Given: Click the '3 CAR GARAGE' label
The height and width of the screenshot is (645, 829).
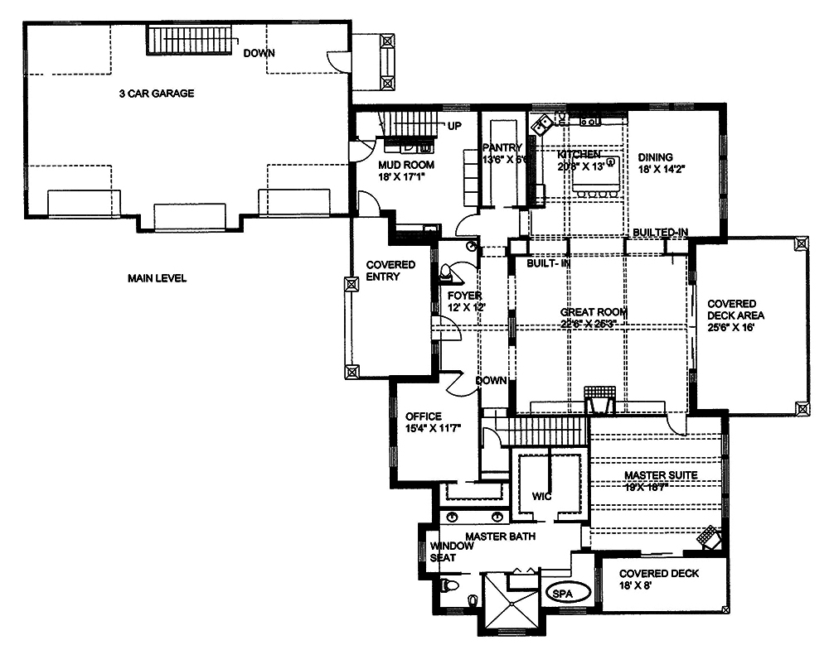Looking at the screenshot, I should pos(156,94).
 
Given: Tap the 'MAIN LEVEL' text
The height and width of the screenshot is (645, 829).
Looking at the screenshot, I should pos(157,278).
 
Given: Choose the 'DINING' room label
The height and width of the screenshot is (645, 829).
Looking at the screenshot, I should pos(655,156).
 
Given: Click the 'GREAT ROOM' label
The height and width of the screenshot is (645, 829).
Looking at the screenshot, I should pos(593,312).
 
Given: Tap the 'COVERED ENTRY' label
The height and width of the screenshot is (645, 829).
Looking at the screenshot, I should pos(390,271).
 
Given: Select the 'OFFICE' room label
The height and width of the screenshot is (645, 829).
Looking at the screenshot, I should pos(423,416).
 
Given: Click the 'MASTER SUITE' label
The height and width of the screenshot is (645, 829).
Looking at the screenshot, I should pos(660,475).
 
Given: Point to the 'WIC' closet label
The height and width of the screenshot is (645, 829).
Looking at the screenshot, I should pos(541,497).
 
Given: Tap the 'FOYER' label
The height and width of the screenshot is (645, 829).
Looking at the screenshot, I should pos(464,296).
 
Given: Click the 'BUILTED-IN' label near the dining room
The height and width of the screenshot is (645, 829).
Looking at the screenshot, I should pos(660,232).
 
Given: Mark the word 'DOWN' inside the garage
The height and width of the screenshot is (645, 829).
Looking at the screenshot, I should pos(259,54).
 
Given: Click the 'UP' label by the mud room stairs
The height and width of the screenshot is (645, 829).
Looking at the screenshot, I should pos(454,127).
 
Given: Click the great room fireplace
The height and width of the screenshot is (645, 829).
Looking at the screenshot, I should pos(597,398).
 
